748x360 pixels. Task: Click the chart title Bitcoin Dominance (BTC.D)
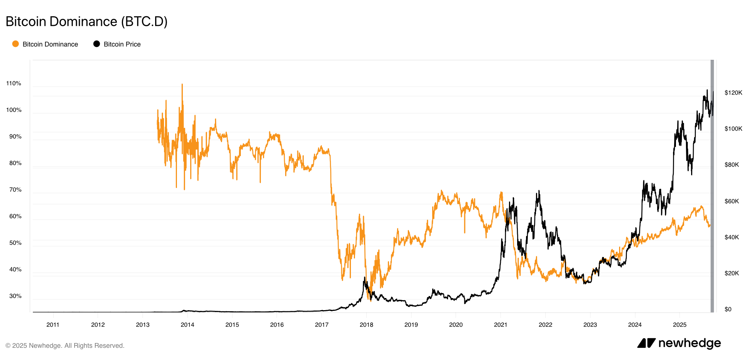86,21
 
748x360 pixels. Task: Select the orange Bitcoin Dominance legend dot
16,44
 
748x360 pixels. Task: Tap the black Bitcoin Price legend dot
96,44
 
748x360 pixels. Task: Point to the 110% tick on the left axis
14,83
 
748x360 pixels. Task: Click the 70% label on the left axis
15,190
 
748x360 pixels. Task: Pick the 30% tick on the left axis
15,296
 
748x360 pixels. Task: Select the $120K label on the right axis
733,93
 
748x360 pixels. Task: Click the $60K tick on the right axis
732,201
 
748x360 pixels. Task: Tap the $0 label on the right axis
728,309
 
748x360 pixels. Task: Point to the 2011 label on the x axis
53,325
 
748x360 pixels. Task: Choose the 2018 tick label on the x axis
366,325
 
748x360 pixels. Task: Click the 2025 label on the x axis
680,325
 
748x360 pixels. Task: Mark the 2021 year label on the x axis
501,325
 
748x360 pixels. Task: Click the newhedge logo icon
646,343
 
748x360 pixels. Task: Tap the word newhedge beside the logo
690,343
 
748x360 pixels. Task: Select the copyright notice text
65,346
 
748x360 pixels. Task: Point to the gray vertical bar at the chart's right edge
712,185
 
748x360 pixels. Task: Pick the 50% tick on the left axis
15,243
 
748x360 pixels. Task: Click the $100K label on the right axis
733,129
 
